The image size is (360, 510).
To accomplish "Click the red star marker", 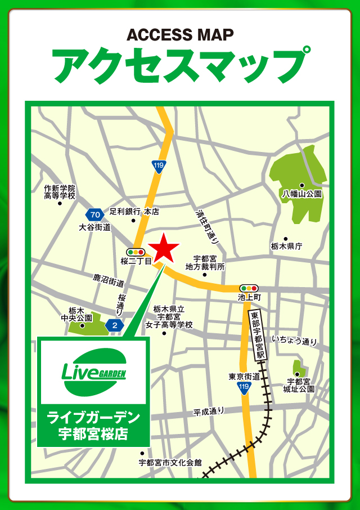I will click(163, 247).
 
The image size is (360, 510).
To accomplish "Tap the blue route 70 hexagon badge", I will click(94, 214).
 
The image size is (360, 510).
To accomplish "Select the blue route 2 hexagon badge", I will click(115, 325).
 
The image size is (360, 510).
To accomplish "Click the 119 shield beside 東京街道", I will click(244, 388).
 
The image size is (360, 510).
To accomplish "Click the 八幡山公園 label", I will click(301, 194).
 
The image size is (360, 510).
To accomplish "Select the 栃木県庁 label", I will click(286, 246).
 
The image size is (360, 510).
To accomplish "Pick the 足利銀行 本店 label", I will click(134, 212).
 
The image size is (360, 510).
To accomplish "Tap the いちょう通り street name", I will click(294, 341).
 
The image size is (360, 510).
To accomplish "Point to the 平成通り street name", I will click(209, 411).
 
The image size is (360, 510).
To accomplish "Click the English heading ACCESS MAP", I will click(180, 35).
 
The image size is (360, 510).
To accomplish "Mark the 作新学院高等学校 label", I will click(60, 192).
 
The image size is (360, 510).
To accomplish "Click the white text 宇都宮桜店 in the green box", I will click(93, 433).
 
